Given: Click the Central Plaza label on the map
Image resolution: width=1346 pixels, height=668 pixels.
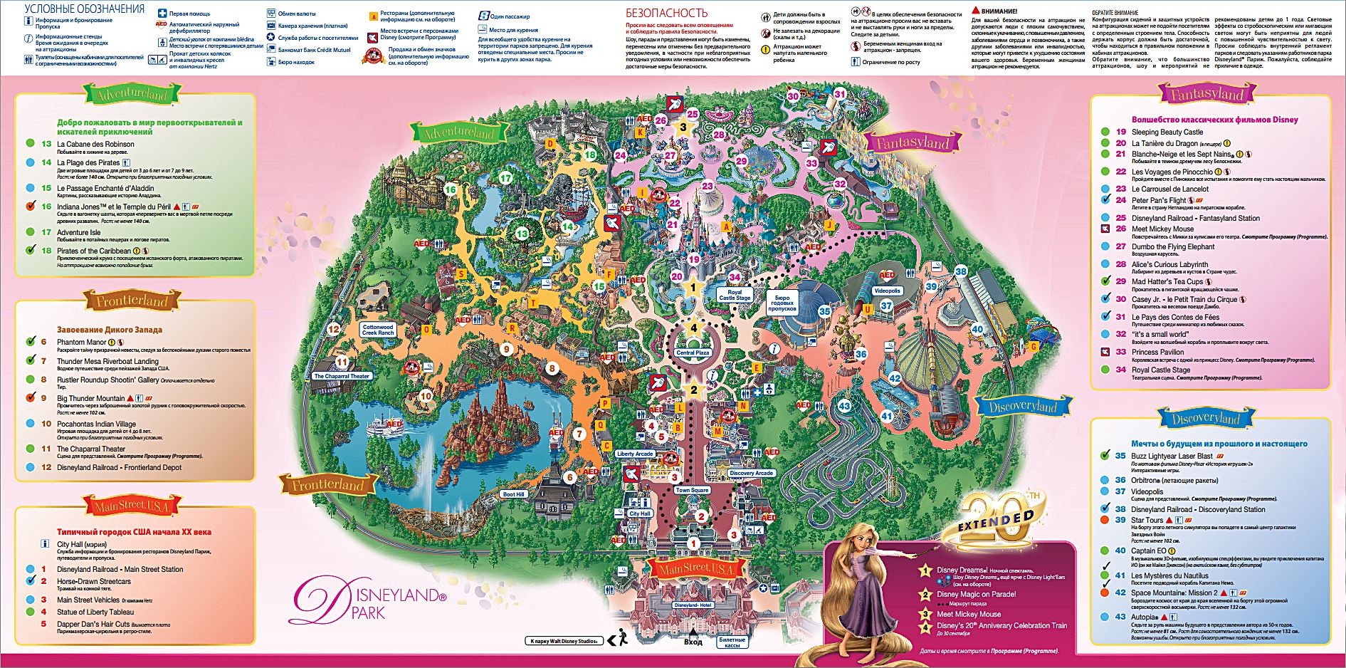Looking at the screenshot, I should pyautogui.click(x=693, y=353).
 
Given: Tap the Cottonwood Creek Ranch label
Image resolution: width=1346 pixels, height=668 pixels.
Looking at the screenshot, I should pyautogui.click(x=378, y=330).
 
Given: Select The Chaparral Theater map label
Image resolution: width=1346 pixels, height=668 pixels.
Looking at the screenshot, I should pyautogui.click(x=342, y=376).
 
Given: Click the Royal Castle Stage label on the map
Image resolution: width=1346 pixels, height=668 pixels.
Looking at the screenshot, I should pyautogui.click(x=735, y=295).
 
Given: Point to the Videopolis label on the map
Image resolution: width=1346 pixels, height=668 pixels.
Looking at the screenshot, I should pyautogui.click(x=887, y=291).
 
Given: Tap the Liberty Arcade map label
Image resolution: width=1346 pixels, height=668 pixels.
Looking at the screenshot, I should pyautogui.click(x=635, y=454).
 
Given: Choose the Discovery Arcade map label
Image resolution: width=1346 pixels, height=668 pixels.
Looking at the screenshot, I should pyautogui.click(x=751, y=473).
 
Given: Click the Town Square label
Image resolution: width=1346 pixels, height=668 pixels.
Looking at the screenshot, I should pyautogui.click(x=692, y=490).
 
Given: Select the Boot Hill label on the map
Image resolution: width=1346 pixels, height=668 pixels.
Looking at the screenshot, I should pyautogui.click(x=513, y=494).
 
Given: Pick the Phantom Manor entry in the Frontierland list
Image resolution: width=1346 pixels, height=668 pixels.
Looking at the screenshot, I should pyautogui.click(x=82, y=343).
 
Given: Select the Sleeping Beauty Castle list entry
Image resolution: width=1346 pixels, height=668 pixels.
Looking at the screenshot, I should pyautogui.click(x=1167, y=132).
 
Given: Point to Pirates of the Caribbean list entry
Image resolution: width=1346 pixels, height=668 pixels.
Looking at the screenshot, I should pyautogui.click(x=94, y=251).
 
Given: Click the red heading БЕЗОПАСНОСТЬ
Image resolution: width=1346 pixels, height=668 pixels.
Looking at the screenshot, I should pyautogui.click(x=666, y=13).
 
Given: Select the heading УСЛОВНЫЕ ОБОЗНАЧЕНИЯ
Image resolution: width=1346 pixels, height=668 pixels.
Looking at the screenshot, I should pyautogui.click(x=85, y=9).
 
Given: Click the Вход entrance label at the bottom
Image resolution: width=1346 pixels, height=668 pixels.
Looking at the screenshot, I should pyautogui.click(x=693, y=642).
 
